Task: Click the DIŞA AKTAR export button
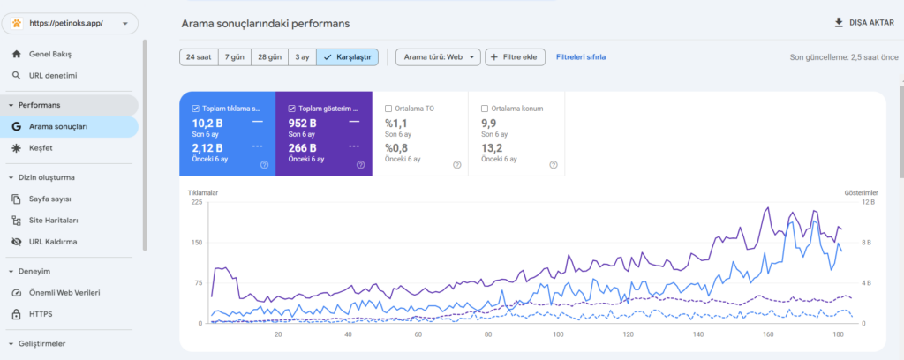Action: tap(864, 22)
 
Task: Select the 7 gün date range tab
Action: tap(235, 57)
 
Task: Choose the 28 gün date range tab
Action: tap(270, 57)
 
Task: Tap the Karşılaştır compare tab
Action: tap(348, 57)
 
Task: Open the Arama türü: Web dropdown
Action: tap(438, 57)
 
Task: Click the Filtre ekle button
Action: tap(515, 57)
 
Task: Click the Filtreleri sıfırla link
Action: tap(581, 57)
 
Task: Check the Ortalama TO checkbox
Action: tap(388, 109)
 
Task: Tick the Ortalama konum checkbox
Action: tap(485, 109)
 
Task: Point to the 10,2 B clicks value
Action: tap(207, 123)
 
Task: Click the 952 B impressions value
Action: tap(303, 123)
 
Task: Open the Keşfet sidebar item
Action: tap(41, 148)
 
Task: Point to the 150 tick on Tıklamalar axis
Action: tap(197, 243)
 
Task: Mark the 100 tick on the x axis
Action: tap(558, 334)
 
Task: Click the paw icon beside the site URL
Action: tap(16, 24)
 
